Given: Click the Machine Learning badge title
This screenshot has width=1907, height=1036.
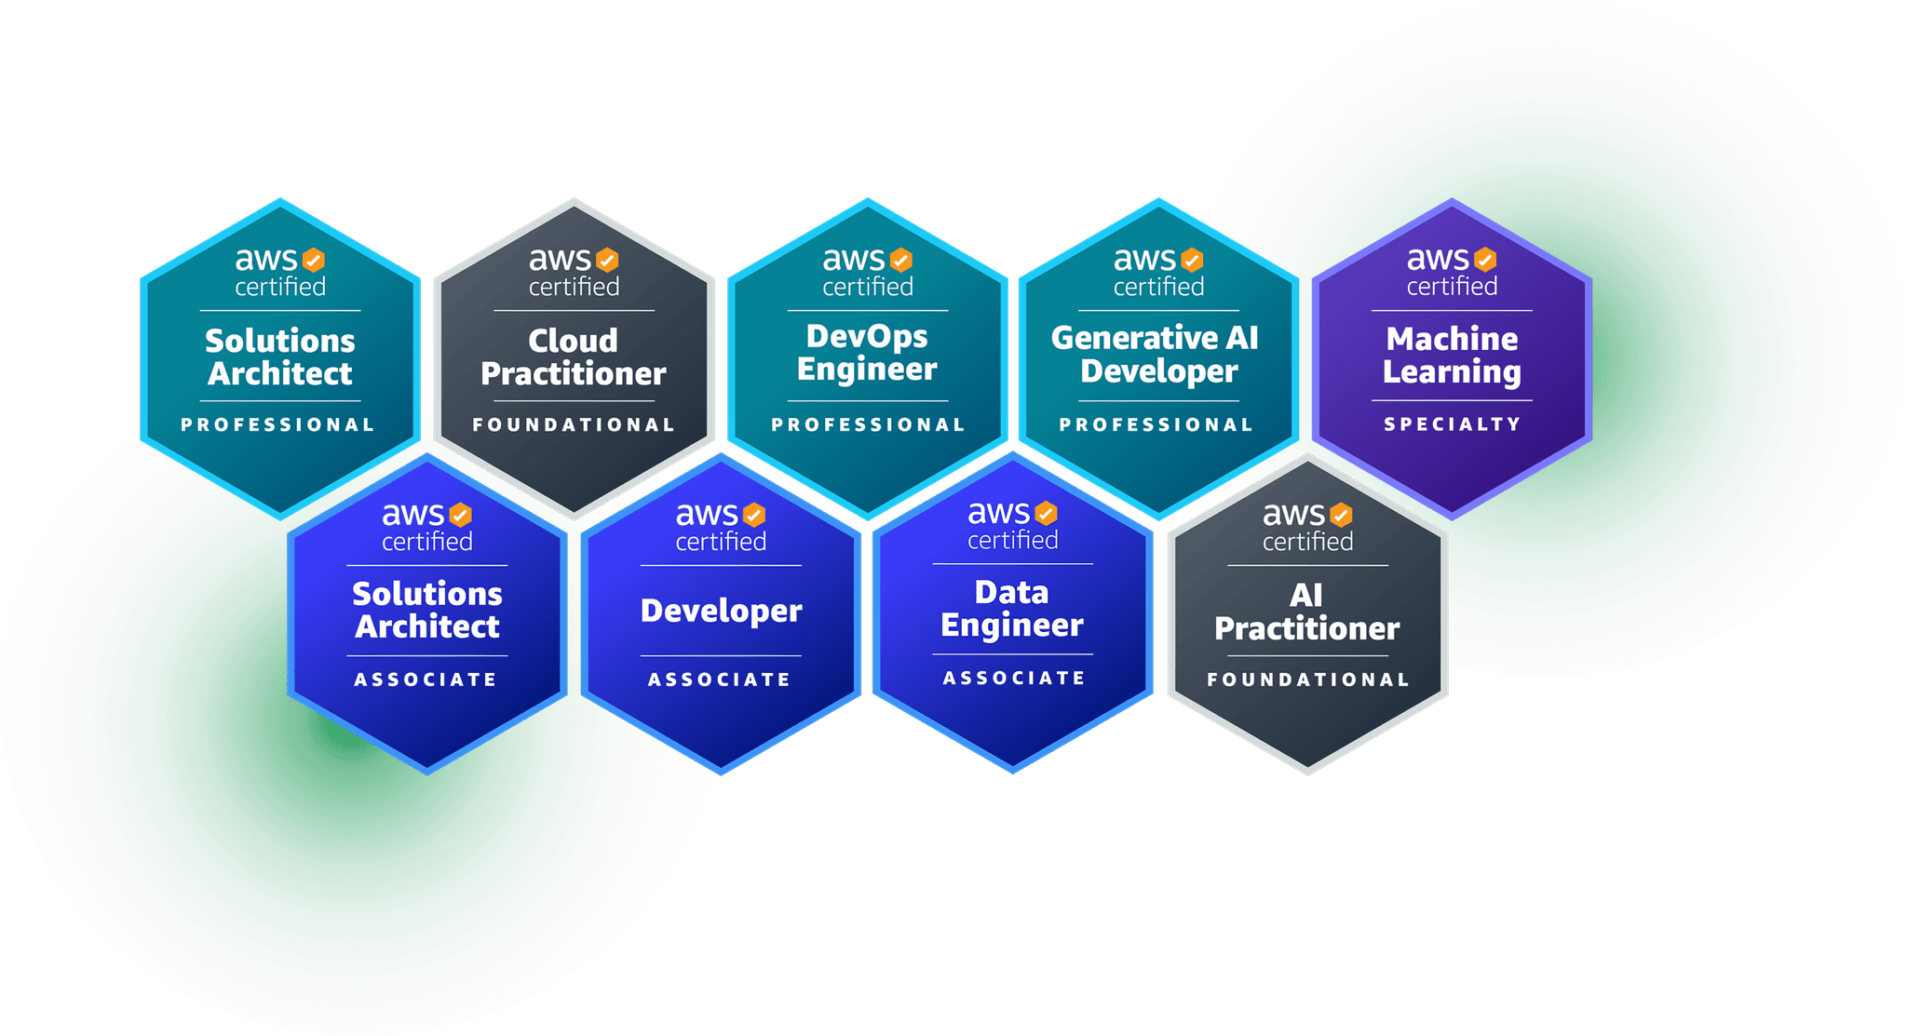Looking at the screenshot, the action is coord(1452,355).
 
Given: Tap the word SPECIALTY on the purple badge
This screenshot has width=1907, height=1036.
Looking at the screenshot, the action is coord(1452,424).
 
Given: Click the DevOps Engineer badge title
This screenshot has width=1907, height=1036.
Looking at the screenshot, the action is coord(867,353).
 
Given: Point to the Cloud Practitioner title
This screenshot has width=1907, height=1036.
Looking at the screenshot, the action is coord(574,357).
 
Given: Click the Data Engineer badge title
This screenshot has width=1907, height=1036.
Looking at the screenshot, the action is coord(1012,609).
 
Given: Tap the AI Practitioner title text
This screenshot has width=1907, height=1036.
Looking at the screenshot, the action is coord(1307,612).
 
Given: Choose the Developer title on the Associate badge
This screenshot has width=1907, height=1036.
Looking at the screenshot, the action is coord(722,612).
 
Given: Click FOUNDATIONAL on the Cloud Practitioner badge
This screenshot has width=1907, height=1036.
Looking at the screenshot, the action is coord(574,425).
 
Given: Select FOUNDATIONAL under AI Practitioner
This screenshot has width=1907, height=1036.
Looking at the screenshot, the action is coord(1308,680).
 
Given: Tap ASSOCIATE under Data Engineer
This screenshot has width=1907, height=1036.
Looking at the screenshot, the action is coord(1014,679).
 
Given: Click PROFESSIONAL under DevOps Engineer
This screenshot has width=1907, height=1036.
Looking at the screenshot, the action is coord(868,425).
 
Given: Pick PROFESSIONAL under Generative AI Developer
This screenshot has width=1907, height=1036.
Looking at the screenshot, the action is coord(1156,425).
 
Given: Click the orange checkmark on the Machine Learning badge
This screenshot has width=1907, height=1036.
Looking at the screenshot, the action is coord(1485,259).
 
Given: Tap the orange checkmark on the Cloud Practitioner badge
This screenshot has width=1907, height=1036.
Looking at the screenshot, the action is coord(607,260).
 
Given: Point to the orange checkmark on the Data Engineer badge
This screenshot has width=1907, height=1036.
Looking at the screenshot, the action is coord(1047,513).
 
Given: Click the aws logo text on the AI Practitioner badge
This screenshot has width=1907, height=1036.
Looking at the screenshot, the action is coord(1293,515).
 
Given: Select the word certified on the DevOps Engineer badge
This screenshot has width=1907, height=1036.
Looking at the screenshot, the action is coord(868,287).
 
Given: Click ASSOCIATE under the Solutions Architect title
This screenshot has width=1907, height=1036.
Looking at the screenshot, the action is coord(426,680).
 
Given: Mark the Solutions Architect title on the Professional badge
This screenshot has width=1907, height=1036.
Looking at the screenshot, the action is coord(280,357).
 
